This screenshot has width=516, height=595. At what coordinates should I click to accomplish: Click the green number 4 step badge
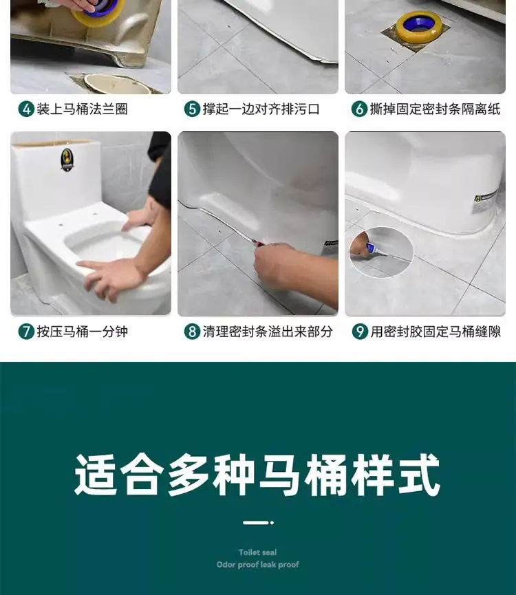[26, 109]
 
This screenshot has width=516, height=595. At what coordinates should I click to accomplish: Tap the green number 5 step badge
[193, 109]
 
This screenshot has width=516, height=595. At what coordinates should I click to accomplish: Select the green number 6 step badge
[360, 109]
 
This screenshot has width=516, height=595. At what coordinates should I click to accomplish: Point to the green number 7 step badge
[26, 332]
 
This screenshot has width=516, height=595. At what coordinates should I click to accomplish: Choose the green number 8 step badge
[193, 332]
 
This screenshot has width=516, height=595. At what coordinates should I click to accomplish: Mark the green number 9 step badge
[360, 332]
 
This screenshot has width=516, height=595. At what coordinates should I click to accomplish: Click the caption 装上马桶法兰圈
[83, 109]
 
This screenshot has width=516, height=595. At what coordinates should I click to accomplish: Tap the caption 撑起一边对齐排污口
[261, 109]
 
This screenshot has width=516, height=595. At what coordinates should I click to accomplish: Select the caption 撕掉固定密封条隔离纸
[436, 109]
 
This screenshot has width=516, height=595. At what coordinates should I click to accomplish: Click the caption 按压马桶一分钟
[83, 332]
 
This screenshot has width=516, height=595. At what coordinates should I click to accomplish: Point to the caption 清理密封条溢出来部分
[268, 332]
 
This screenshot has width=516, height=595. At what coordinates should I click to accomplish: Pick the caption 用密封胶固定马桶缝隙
[436, 332]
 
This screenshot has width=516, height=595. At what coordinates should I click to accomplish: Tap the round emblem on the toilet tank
[67, 160]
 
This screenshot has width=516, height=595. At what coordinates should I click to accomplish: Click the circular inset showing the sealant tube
[381, 252]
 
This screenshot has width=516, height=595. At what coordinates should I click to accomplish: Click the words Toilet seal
[257, 552]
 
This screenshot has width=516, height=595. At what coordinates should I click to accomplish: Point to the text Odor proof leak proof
[257, 565]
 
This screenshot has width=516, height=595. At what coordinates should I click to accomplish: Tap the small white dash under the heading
[256, 523]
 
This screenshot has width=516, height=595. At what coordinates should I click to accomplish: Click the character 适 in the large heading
[96, 475]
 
